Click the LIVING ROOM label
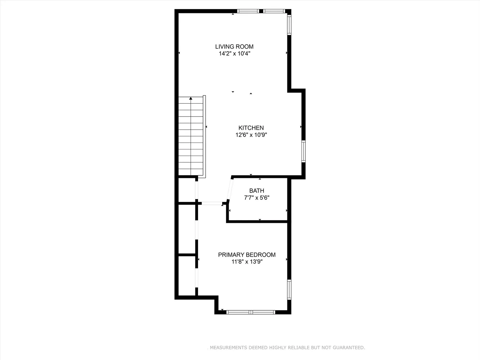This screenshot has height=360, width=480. tap(234, 46)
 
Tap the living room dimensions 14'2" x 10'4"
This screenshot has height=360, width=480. tap(234, 54)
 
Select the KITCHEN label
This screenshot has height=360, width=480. tap(251, 128)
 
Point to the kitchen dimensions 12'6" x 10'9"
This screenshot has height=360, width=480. tap(251, 135)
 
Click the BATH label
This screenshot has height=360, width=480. tap(257, 190)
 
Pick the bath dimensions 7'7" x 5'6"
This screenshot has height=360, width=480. tap(257, 198)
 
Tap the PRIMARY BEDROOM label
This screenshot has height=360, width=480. tap(247, 255)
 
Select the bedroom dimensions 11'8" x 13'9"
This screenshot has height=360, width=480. tap(247, 262)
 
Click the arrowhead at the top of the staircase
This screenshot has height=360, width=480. tap(191, 98)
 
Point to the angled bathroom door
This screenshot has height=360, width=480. tap(230, 189)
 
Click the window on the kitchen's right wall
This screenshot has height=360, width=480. tap(304, 151)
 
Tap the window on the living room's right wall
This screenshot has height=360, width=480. tap(289, 25)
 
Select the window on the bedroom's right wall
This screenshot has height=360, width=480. tap(289, 289)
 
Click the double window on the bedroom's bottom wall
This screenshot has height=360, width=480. tap(251, 312)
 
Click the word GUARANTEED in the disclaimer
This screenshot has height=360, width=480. tap(349, 347)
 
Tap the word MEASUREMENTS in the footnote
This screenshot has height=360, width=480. tap(228, 347)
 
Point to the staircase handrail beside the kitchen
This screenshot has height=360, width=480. tap(205, 136)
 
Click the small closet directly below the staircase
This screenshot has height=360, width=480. tap(187, 190)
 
